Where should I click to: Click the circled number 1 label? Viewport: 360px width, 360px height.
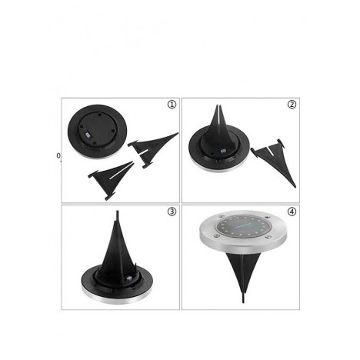pos(172,105)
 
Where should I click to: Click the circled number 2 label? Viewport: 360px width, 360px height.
pos(292,105)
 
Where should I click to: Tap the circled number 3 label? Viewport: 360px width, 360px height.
pos(172,212)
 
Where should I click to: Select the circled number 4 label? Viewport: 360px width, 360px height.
pos(292,212)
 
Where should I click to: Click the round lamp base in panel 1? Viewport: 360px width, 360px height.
pos(98,132)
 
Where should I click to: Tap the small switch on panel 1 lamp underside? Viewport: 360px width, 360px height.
pos(88,134)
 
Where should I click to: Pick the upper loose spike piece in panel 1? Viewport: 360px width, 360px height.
pos(153,149)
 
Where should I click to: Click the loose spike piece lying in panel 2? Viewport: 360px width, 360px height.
pos(274,161)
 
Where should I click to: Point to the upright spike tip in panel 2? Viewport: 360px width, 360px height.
pos(218,105)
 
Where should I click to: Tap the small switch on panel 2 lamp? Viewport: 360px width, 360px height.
pos(223,152)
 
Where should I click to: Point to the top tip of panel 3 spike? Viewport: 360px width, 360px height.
pos(118,212)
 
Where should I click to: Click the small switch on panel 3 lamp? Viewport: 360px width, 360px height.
pos(128,278)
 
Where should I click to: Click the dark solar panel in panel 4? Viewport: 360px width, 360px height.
pos(242,225)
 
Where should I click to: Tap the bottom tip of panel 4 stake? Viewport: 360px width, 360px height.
pos(243,302)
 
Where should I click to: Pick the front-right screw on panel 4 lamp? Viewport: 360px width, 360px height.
pos(268,236)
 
